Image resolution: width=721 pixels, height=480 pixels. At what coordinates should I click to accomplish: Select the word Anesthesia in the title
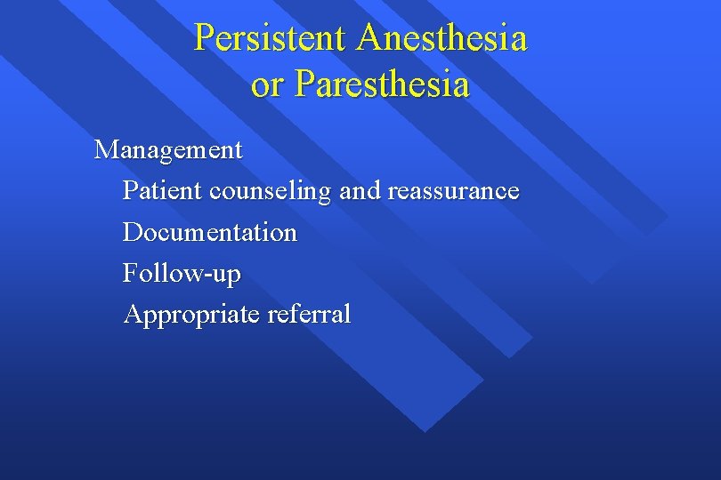point(442,38)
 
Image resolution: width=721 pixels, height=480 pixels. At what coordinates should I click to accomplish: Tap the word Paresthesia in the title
point(382,84)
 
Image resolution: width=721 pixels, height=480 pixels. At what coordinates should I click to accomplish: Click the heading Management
point(168,149)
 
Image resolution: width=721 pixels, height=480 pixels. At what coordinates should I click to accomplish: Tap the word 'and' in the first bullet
point(360,190)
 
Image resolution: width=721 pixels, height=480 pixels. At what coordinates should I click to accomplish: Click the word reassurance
point(453,191)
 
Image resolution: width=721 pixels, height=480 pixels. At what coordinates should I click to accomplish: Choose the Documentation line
point(210,232)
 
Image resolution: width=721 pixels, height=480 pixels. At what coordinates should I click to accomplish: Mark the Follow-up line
point(182,273)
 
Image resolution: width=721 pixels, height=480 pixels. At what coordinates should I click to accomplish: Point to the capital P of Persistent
point(204,38)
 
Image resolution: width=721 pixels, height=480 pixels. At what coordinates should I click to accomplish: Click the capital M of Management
point(106,149)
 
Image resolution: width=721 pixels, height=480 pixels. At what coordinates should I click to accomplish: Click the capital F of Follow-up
point(130,272)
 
